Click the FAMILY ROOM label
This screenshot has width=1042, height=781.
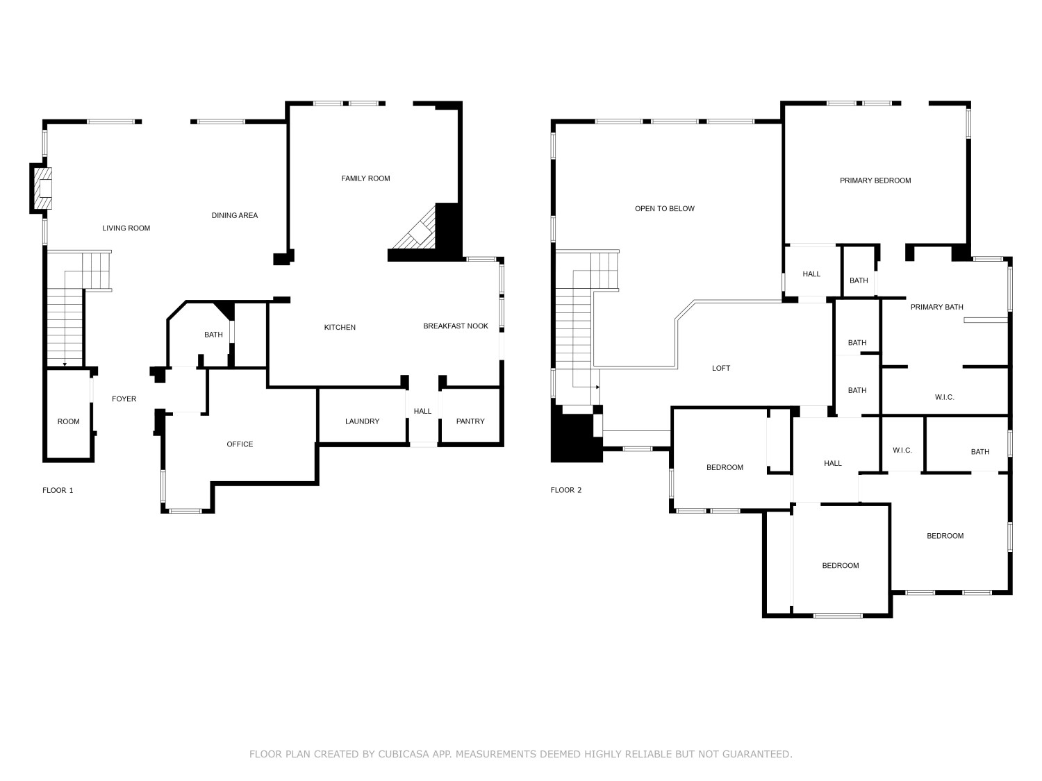click(365, 178)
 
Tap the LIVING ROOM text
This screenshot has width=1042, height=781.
click(126, 228)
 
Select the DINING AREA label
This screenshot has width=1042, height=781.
click(235, 215)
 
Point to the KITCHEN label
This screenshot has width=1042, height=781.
click(340, 327)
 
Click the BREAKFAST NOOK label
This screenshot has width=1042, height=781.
click(456, 326)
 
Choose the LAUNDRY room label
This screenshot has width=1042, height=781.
click(362, 421)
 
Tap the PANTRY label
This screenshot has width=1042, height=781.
click(470, 421)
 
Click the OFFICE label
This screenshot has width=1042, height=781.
click(240, 444)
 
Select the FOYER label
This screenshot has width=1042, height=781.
click(124, 398)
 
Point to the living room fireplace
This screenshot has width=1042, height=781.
click(42, 188)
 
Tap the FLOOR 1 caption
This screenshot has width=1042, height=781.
click(58, 490)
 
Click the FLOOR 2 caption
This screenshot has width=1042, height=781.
click(566, 490)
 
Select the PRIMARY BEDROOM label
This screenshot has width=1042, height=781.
click(875, 180)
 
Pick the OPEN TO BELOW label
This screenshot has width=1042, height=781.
click(665, 209)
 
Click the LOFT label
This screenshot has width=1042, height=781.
click(721, 368)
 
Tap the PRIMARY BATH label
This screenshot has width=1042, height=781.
click(936, 307)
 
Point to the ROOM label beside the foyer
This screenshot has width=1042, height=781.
click(68, 421)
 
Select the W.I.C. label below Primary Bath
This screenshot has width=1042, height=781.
click(944, 397)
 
